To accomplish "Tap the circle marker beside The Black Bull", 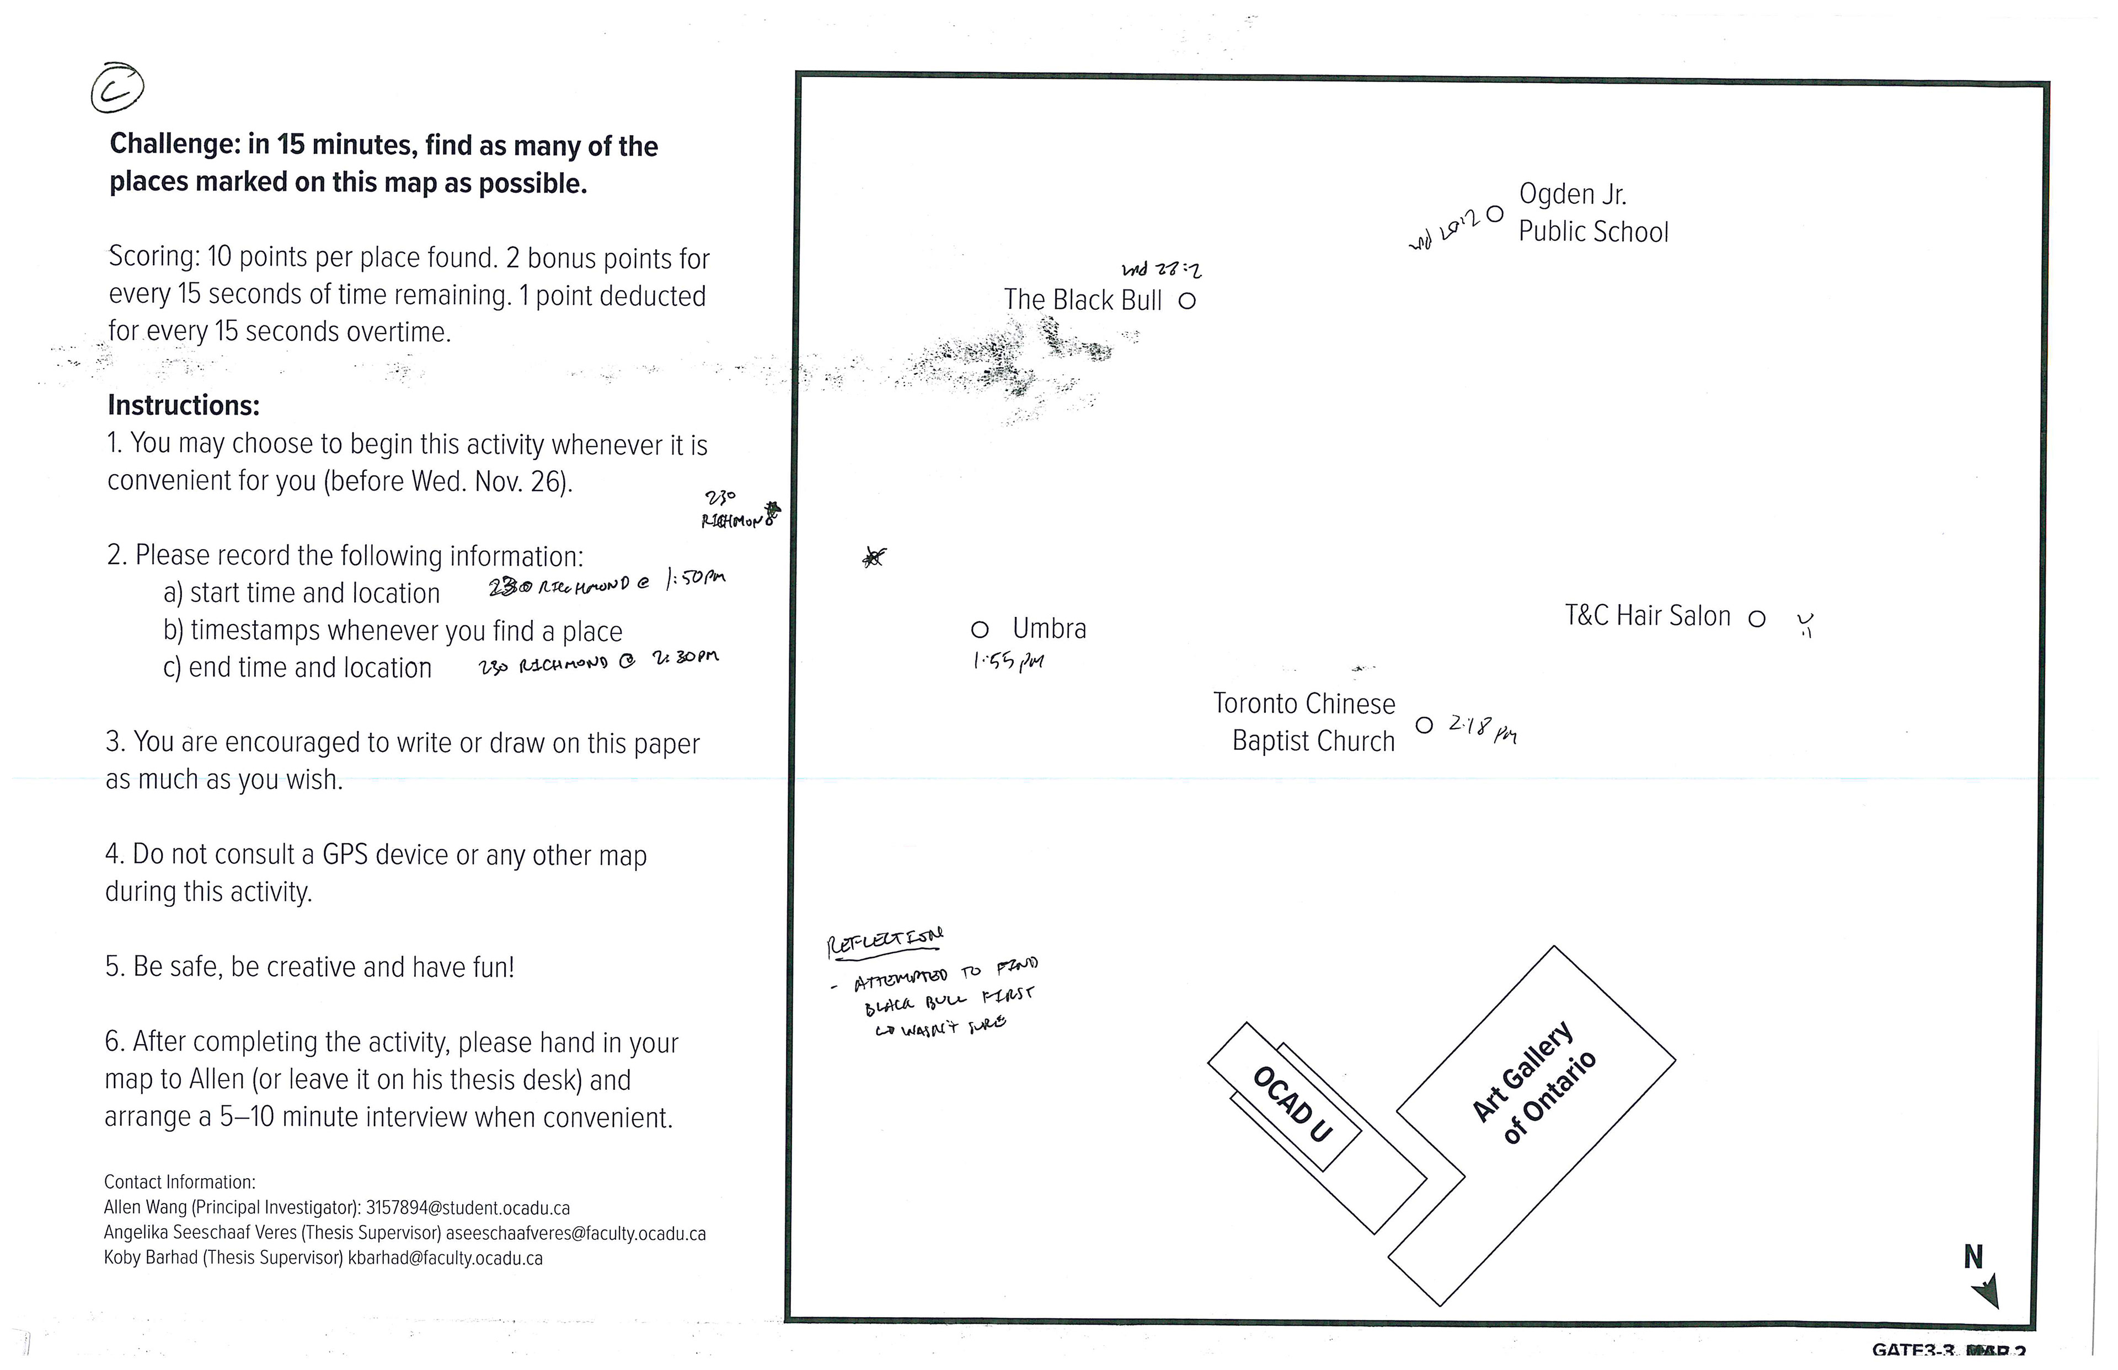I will (x=1186, y=300).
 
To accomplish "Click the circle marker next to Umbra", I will (x=979, y=630).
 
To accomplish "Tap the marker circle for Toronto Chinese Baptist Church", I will (x=1424, y=725).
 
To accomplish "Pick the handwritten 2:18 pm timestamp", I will (x=1481, y=729).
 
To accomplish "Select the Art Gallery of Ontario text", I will (x=1534, y=1083).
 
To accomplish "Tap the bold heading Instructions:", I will (x=183, y=406).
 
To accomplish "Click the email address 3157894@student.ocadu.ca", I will (x=468, y=1208).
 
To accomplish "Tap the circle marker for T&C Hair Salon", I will (x=1757, y=618).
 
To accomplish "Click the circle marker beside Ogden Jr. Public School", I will (x=1495, y=213).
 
